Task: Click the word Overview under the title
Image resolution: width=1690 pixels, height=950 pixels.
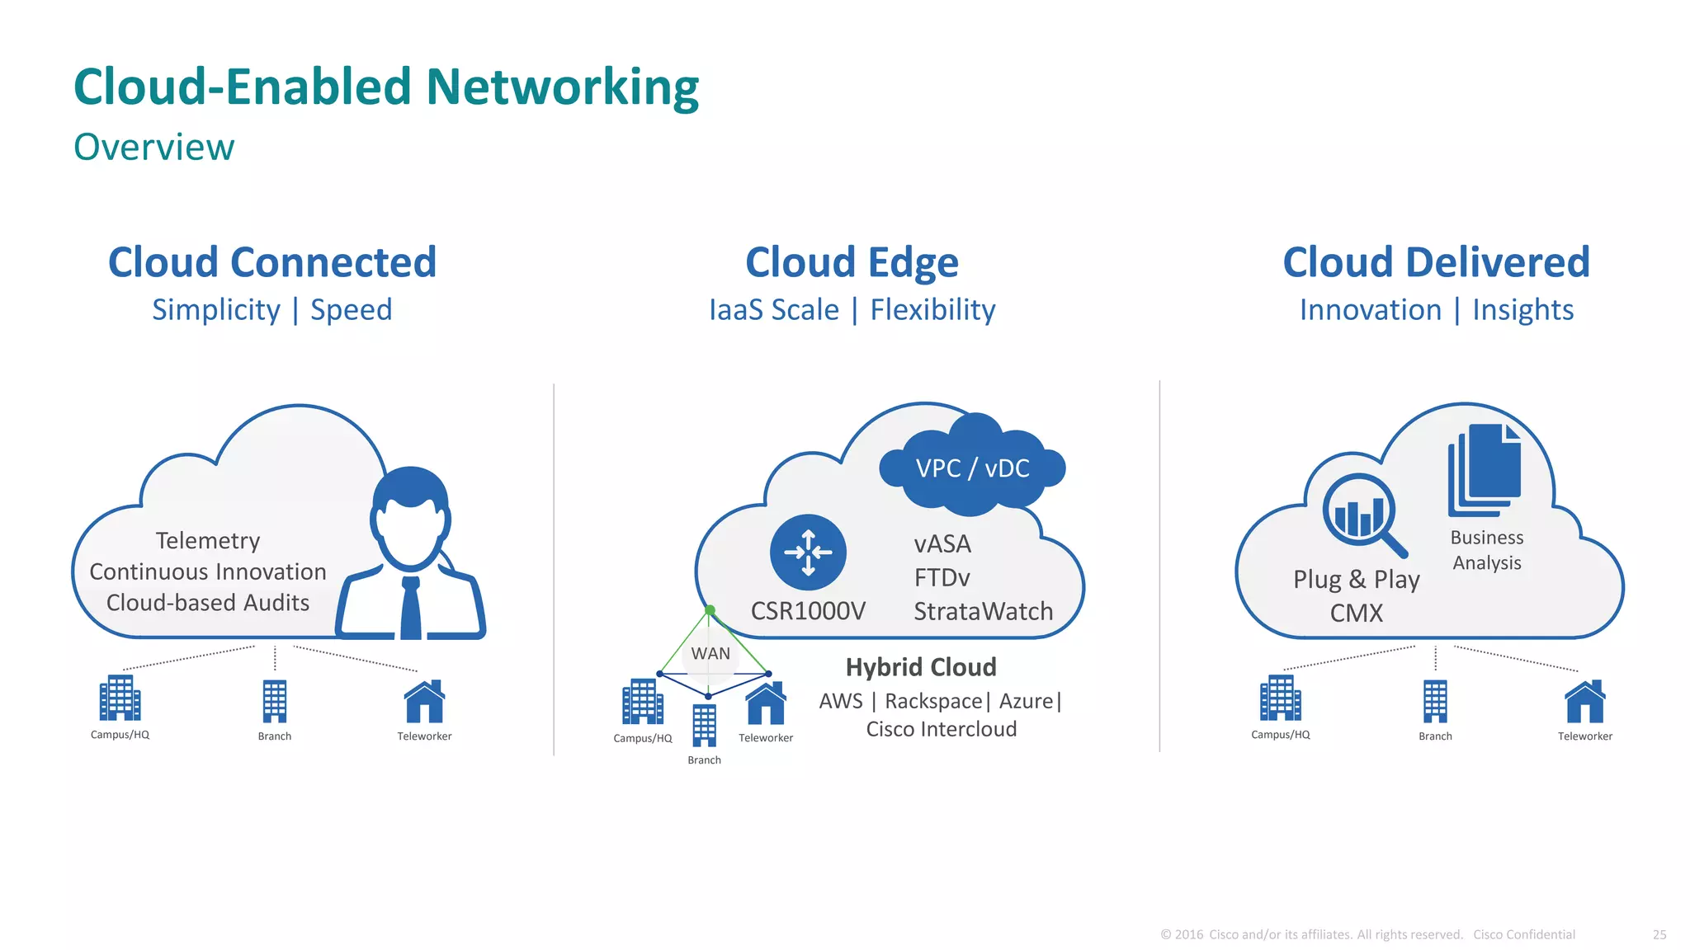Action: (x=154, y=148)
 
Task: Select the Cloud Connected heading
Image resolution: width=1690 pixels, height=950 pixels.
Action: (x=272, y=262)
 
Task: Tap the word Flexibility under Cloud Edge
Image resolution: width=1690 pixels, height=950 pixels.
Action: (x=932, y=310)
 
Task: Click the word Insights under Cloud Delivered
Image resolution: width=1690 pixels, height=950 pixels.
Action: (x=1522, y=310)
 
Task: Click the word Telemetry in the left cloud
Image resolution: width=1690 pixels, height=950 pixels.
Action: (x=208, y=541)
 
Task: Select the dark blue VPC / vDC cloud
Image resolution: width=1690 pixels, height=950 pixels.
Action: (x=972, y=468)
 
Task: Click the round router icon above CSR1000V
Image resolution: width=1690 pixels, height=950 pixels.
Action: (x=808, y=552)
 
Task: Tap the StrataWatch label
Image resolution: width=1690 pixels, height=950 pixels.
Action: (x=983, y=611)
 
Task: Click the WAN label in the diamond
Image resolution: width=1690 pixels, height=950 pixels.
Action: (x=710, y=654)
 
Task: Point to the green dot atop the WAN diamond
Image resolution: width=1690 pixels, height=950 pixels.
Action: (x=710, y=610)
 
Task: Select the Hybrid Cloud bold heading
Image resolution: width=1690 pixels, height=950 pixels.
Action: (x=921, y=667)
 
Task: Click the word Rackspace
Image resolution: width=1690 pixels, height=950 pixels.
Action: (x=933, y=701)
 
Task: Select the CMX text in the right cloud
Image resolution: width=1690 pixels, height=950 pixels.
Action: (x=1356, y=613)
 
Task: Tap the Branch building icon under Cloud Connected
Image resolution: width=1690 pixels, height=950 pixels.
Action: (x=275, y=701)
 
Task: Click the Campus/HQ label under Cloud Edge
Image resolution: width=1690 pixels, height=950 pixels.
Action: (x=643, y=738)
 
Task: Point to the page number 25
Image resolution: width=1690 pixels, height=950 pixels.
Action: (x=1659, y=934)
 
